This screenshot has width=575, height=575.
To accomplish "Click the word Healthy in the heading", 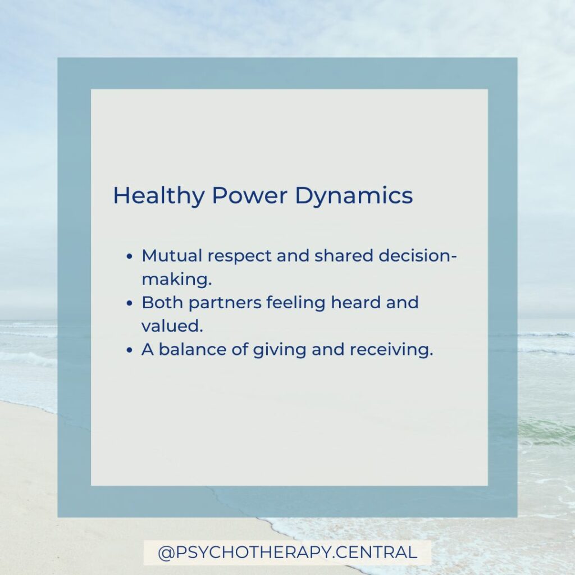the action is (158, 196).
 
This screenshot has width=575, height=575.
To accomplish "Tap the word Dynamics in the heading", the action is (354, 196).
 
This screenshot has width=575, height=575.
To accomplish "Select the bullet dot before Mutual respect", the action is (129, 256).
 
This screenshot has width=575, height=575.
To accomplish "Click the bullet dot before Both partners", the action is (129, 303).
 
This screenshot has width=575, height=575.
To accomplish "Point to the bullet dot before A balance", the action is (129, 350).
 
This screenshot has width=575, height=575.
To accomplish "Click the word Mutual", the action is (172, 255).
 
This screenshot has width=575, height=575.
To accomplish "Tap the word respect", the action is (240, 257).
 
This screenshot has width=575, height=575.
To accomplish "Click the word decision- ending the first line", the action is (418, 255).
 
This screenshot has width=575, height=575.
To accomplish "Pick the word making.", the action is (177, 280).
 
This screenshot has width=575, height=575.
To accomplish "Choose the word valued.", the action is (172, 326).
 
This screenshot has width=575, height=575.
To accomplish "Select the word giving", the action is (280, 350).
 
